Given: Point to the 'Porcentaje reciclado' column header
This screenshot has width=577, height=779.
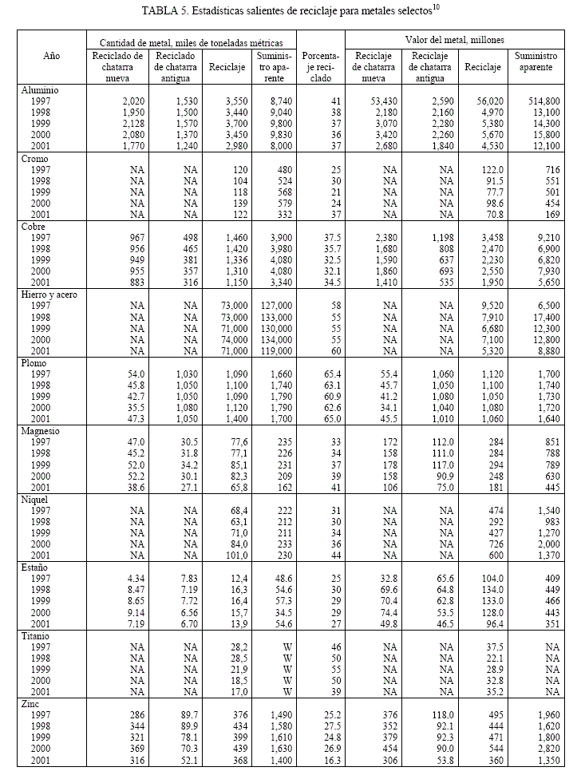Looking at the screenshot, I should pos(321,68).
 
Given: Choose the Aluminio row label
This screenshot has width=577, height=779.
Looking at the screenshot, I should pos(41,90).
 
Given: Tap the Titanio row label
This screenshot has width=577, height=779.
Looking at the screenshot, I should pos(38,635).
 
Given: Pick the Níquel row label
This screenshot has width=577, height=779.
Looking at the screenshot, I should pos(38,499).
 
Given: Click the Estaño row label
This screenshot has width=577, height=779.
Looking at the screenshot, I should pos(37,567).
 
